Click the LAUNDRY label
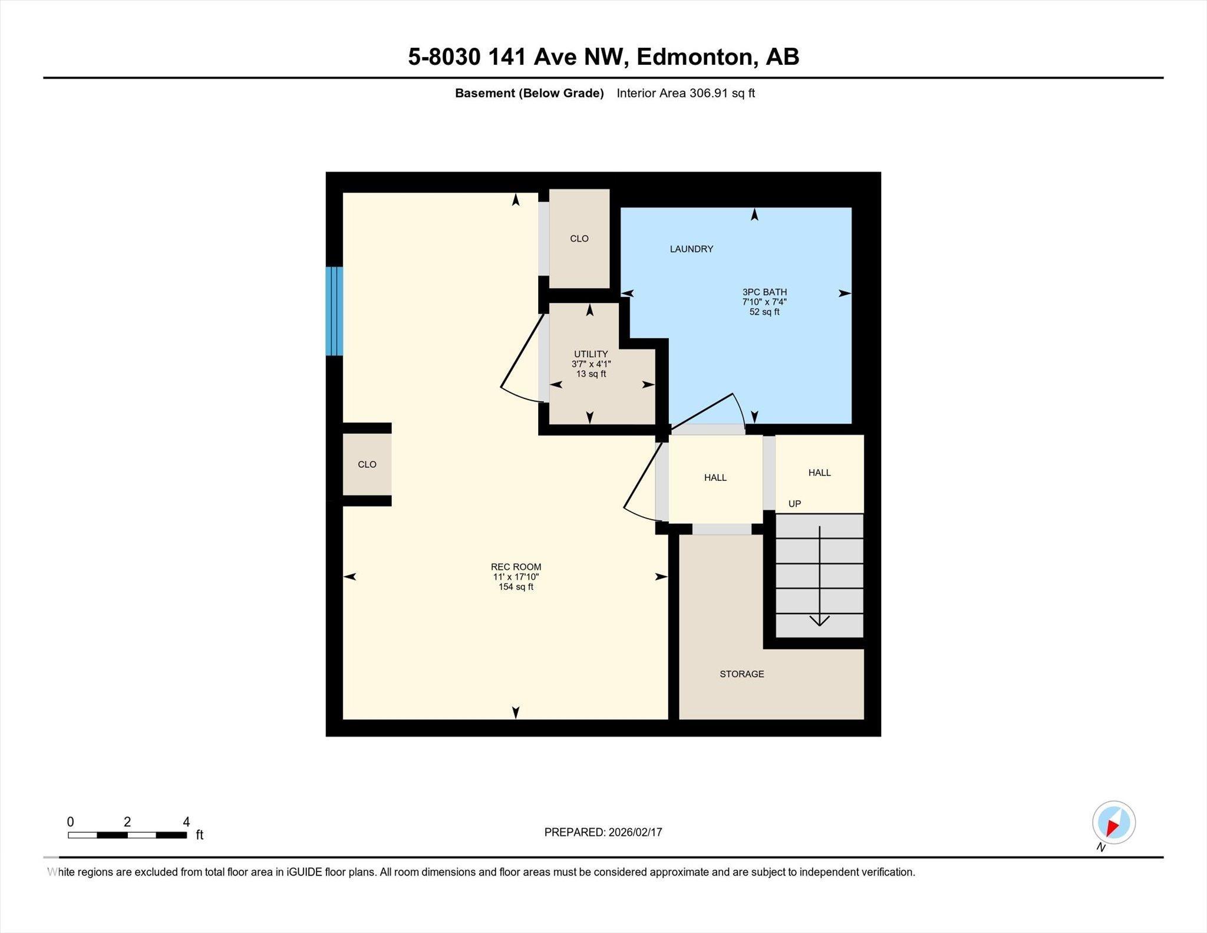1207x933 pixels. (x=691, y=249)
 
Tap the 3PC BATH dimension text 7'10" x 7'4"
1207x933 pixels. (x=764, y=302)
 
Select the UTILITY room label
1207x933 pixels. (x=591, y=354)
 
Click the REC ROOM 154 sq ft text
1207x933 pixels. (x=516, y=587)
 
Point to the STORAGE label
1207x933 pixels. (x=741, y=674)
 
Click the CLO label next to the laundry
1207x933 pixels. (x=579, y=239)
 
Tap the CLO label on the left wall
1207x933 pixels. (x=367, y=464)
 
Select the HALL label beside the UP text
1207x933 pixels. (x=819, y=473)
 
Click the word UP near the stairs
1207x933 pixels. (x=794, y=504)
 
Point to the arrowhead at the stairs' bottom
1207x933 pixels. (x=819, y=621)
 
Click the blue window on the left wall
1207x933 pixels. (x=334, y=311)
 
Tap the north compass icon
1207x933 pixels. (x=1113, y=823)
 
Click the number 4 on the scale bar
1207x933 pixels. (x=186, y=822)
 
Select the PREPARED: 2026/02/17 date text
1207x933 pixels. (x=603, y=832)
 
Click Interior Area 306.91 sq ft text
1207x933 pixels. (x=685, y=93)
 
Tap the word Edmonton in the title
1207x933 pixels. (x=696, y=57)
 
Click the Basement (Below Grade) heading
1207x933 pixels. (x=529, y=93)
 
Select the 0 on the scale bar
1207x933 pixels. (x=70, y=822)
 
